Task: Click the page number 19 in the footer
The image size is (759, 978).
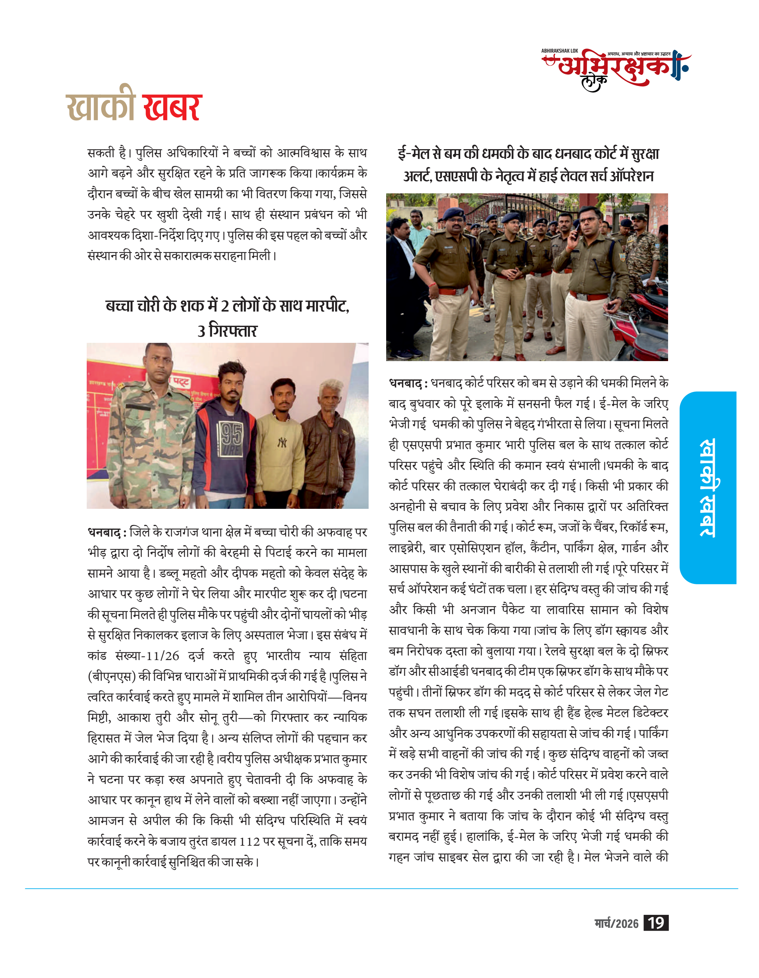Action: (655, 923)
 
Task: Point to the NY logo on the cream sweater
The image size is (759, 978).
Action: (281, 443)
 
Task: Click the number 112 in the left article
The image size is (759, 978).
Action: (250, 841)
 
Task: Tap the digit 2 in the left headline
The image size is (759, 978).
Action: (225, 306)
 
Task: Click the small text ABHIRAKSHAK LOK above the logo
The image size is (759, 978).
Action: (559, 51)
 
